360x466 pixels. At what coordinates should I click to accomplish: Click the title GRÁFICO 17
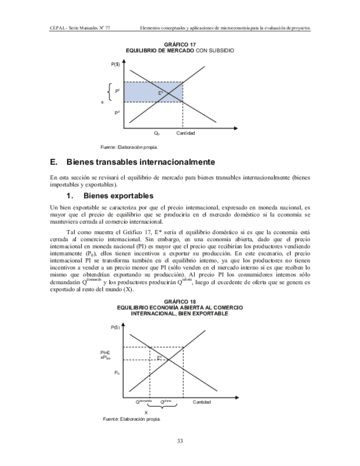(180, 45)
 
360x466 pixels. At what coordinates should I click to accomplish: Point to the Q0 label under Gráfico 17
(157, 134)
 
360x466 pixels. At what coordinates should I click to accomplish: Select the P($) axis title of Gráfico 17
(115, 65)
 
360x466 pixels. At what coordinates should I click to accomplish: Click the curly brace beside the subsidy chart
(111, 92)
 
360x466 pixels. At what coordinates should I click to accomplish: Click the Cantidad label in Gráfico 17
(186, 134)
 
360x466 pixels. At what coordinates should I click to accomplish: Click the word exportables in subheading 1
(131, 196)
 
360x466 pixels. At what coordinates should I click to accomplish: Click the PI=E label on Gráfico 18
(105, 352)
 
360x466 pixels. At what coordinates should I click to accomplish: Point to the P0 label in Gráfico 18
(117, 373)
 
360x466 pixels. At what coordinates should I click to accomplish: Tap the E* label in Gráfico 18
(159, 358)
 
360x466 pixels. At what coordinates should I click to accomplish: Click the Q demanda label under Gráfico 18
(144, 402)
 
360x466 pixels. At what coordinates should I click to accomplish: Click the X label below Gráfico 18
(146, 412)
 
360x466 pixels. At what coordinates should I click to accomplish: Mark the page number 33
(180, 441)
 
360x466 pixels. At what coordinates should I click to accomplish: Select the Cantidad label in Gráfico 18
(202, 402)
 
